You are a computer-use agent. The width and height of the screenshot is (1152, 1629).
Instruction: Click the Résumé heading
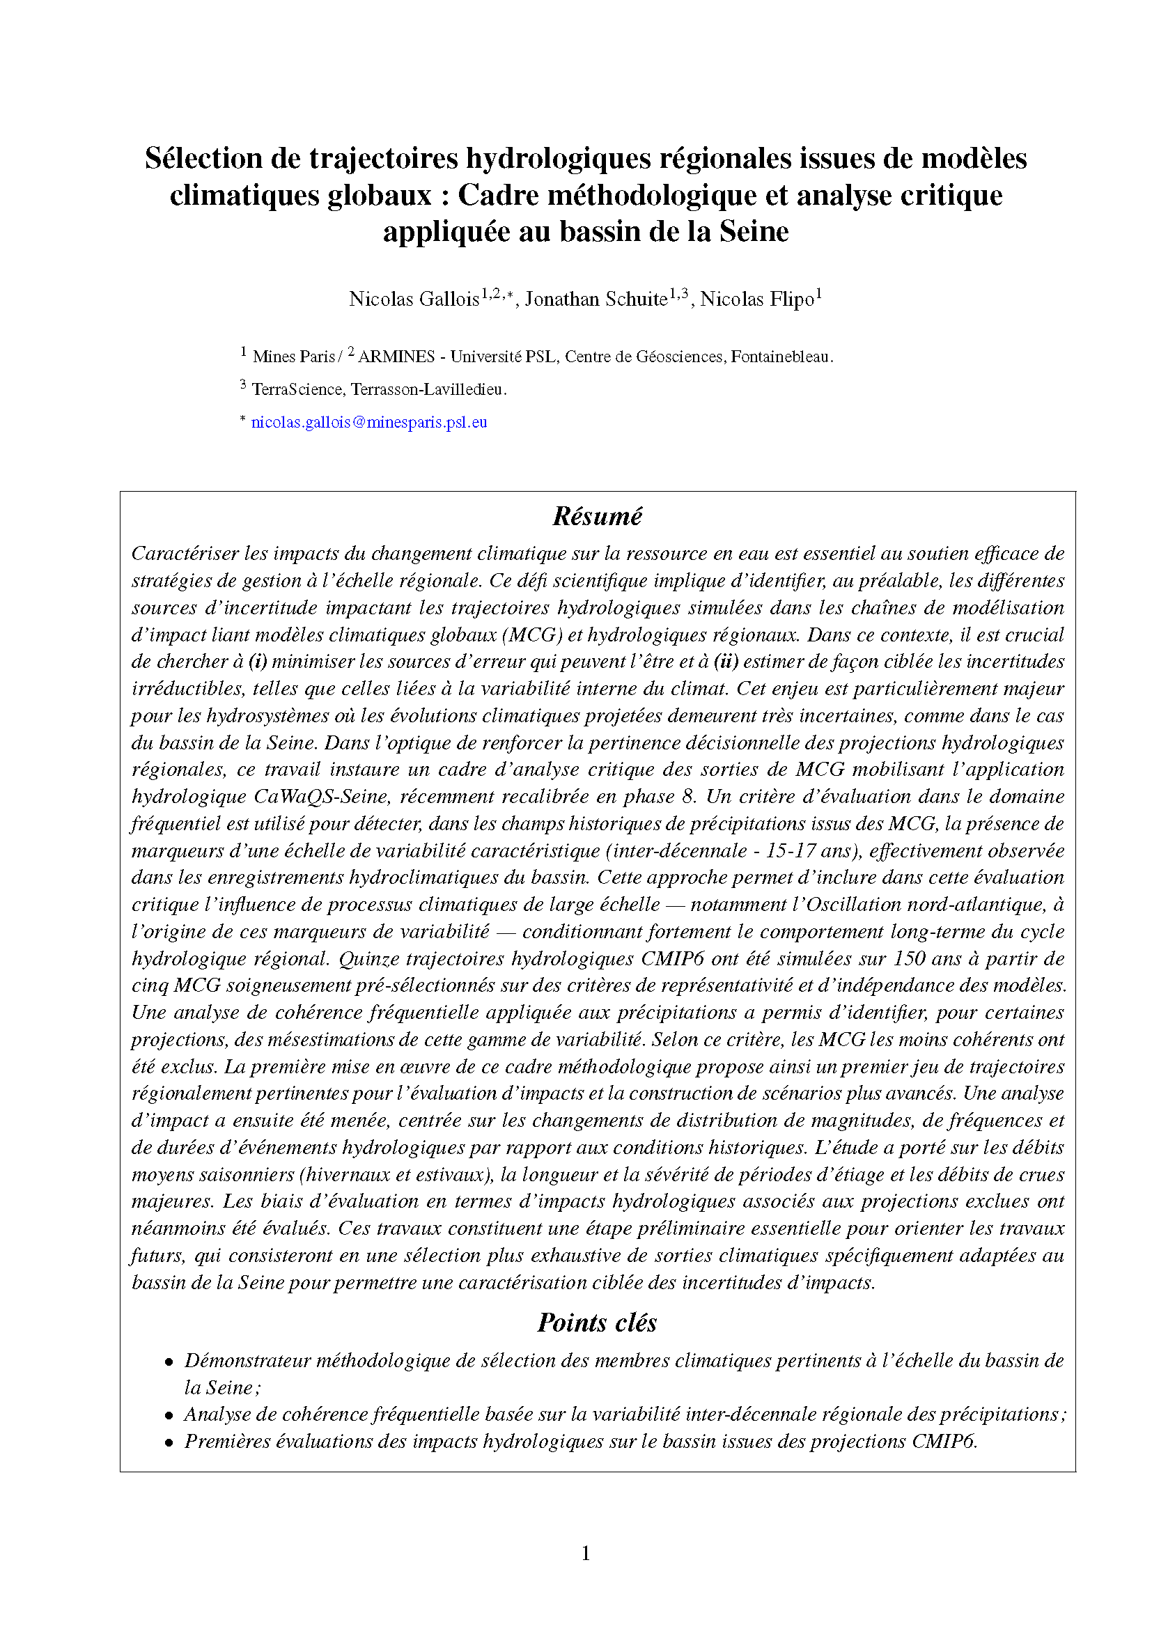click(598, 517)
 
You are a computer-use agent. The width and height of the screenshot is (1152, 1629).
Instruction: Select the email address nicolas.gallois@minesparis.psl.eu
click(369, 422)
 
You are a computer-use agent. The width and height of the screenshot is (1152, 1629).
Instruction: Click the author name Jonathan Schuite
click(596, 299)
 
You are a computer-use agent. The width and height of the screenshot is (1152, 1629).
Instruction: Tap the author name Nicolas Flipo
click(757, 299)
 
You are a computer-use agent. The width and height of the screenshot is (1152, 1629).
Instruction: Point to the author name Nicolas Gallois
click(414, 299)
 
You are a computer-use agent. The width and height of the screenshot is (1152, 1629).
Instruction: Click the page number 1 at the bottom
click(586, 1554)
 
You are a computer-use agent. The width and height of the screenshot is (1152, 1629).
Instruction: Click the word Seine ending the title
click(754, 232)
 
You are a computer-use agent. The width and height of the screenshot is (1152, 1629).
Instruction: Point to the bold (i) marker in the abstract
click(258, 661)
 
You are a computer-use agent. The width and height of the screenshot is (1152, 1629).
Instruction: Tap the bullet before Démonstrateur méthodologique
click(169, 1362)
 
